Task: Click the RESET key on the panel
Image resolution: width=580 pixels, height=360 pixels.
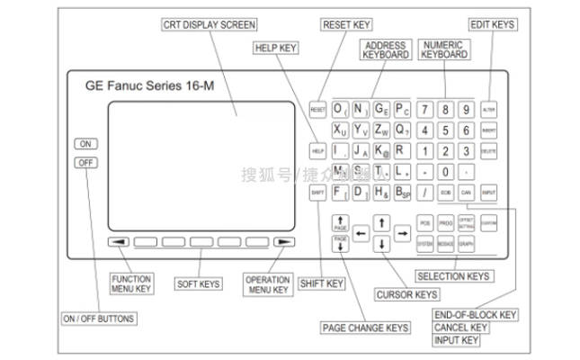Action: [x=317, y=109]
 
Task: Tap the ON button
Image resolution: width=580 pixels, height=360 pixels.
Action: [x=85, y=144]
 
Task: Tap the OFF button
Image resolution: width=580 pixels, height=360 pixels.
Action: [x=85, y=162]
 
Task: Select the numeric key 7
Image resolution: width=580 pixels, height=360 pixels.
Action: [x=424, y=109]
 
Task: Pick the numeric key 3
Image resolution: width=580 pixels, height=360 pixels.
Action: [x=466, y=150]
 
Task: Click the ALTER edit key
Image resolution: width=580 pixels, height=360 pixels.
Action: [x=489, y=109]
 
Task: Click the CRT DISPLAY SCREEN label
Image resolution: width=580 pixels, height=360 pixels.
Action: [x=210, y=23]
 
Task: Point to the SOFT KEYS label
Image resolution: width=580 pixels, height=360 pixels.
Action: [x=198, y=284]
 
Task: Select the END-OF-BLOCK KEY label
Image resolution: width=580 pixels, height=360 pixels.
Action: [x=474, y=315]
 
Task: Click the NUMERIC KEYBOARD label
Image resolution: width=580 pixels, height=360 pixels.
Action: [x=443, y=49]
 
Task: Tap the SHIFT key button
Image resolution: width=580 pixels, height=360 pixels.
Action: [x=317, y=193]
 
